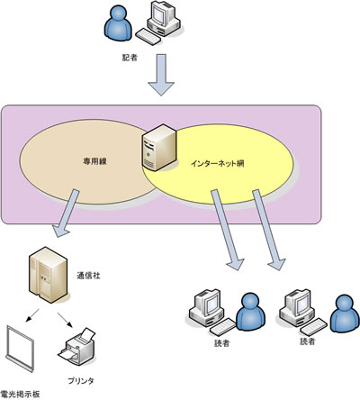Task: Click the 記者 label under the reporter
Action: coord(130,58)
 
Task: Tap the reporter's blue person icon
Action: coord(118,23)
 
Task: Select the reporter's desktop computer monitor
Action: coord(162,13)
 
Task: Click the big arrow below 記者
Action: coord(161,75)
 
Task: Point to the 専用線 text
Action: coord(94,161)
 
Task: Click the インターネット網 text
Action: coord(218,163)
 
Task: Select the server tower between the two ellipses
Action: coord(159,147)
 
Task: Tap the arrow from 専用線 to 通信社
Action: coord(66,213)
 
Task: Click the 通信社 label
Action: coord(88,276)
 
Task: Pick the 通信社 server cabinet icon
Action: coord(48,275)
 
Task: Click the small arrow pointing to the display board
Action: coord(32,315)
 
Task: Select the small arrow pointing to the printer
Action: coord(65,320)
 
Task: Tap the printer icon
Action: coord(77,347)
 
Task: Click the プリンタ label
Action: coord(81,381)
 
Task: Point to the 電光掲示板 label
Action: coord(20,394)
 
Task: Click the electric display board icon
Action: coord(20,349)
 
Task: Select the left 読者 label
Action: coord(222,343)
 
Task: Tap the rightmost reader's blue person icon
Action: coord(345,314)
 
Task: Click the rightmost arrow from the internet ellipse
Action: coord(268,230)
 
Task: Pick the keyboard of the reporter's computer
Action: coord(148,37)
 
